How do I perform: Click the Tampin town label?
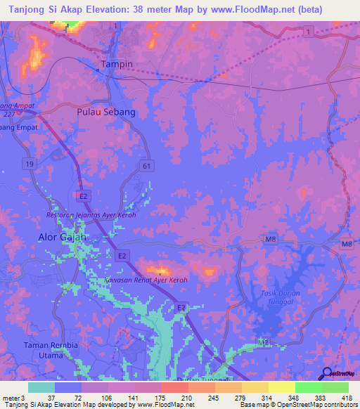coord(117,64)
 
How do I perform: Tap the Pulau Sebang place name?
coord(105,112)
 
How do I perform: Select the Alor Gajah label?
coord(61,238)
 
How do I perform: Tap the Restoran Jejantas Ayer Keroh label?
coord(91,214)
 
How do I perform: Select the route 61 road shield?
coord(146,165)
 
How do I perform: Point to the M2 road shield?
coord(263,342)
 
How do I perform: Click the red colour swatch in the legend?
coord(175,387)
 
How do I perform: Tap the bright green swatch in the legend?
coord(309,387)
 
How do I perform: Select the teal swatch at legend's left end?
coord(41,387)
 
